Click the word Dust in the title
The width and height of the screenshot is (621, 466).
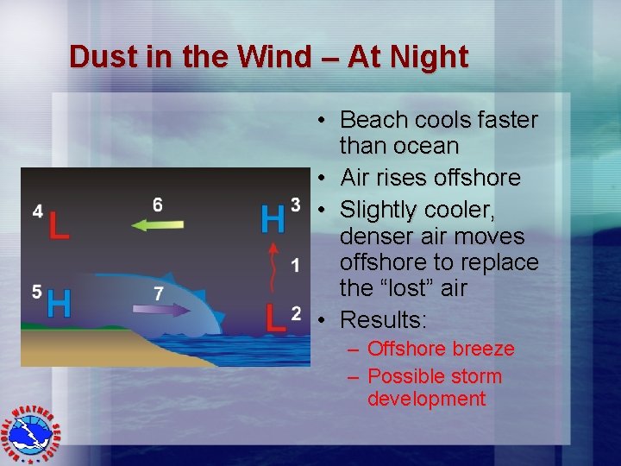tap(98, 57)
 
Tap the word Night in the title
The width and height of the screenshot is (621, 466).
tap(429, 57)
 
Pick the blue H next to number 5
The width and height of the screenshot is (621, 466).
tap(59, 302)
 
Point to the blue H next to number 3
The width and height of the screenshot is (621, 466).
tap(273, 218)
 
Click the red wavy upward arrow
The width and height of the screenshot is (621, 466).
tap(274, 268)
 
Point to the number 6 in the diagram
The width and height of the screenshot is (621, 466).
tap(157, 205)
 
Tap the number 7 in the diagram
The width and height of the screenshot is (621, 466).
tap(159, 293)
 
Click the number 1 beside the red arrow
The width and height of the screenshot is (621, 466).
tap(296, 264)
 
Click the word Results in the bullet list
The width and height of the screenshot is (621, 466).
tap(383, 320)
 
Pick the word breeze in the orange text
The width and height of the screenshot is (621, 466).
tap(482, 349)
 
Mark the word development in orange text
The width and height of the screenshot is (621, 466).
tap(426, 399)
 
